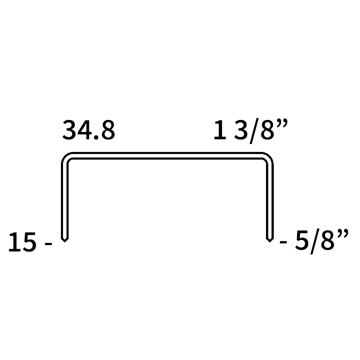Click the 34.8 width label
click(x=88, y=130)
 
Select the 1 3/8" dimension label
click(x=250, y=130)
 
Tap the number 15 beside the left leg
click(x=22, y=242)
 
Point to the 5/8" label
click(x=321, y=241)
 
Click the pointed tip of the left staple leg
click(x=64, y=242)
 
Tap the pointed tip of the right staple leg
click(x=270, y=242)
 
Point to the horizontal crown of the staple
click(x=167, y=155)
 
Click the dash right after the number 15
click(x=48, y=244)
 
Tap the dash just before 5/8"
click(x=283, y=242)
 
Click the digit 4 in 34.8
click(x=84, y=130)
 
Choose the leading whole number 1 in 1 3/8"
click(x=219, y=130)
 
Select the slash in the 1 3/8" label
click(x=254, y=131)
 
